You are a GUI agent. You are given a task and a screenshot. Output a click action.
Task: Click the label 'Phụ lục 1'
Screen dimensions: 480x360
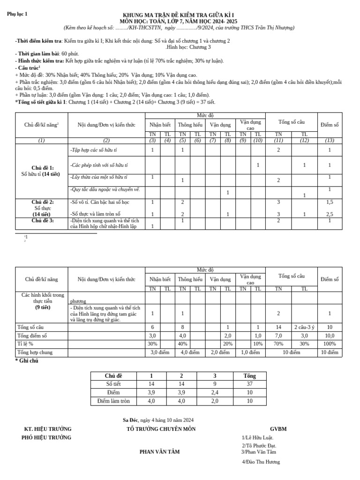coord(17,14)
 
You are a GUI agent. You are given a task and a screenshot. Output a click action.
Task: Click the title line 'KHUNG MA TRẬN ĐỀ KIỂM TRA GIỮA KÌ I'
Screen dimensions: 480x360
coord(178,15)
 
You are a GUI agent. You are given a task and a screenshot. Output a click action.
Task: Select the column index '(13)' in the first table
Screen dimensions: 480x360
coord(329,141)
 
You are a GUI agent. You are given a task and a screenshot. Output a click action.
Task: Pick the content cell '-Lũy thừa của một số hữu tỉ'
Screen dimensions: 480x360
coord(98,177)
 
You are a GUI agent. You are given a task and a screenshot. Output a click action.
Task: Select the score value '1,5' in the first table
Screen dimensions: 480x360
coord(330,202)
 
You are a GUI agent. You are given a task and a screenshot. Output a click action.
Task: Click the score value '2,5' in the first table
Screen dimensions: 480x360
coord(330,214)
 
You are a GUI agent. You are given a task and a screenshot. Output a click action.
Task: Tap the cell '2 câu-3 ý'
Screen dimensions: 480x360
coord(304,327)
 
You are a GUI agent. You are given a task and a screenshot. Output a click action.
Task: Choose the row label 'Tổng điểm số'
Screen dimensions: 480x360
coord(33,335)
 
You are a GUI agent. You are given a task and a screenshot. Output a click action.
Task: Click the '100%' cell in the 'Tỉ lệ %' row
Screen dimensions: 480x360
coord(330,344)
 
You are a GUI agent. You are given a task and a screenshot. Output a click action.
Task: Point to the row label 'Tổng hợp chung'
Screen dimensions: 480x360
coord(35,352)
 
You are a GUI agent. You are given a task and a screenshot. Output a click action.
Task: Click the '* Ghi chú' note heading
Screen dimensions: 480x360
coord(27,361)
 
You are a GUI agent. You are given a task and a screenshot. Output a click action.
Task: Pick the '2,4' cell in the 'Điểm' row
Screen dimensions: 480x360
coord(215,392)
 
